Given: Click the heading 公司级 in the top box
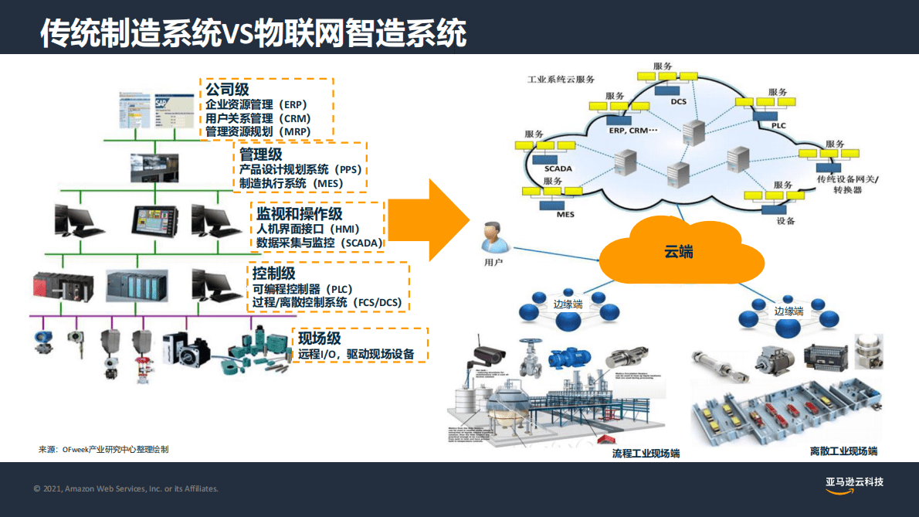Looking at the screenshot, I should tap(227, 90).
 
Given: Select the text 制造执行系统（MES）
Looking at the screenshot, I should tap(291, 183).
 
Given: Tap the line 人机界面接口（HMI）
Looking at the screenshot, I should tap(309, 229).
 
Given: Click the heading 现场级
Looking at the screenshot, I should tap(319, 338).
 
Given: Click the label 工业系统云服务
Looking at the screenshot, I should tap(561, 80).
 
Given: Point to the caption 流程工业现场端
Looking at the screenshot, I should tap(646, 453).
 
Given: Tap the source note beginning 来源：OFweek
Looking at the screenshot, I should tap(103, 449).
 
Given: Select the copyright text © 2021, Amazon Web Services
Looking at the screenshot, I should tap(126, 488).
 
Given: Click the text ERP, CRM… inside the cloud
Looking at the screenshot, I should tap(632, 131).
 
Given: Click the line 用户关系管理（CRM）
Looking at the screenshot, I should tap(258, 118).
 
